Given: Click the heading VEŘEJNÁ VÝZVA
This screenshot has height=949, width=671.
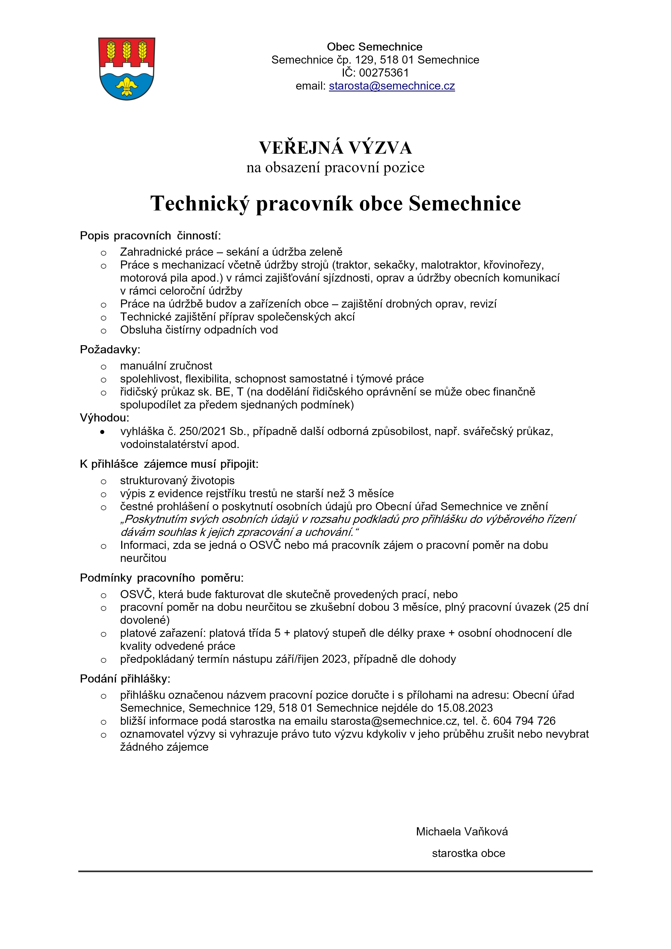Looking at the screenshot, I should pyautogui.click(x=335, y=147).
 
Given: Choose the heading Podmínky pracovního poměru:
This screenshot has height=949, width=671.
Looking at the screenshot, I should pyautogui.click(x=162, y=577).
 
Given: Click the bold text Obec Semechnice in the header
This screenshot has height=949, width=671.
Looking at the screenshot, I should pyautogui.click(x=374, y=47).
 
